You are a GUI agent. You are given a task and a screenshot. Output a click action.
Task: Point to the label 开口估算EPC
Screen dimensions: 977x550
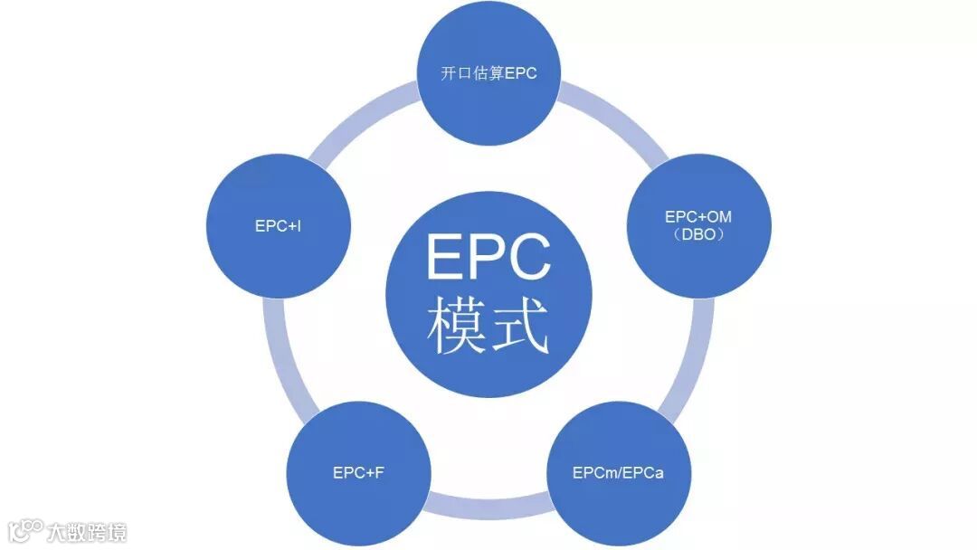(x=488, y=73)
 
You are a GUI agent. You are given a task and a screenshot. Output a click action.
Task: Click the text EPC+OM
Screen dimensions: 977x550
(x=698, y=217)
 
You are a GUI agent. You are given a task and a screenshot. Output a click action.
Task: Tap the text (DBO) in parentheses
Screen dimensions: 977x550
(x=698, y=235)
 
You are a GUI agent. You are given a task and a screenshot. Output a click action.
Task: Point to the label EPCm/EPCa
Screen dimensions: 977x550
(x=619, y=473)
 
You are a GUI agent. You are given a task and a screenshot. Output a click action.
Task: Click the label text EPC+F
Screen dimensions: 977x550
(x=358, y=473)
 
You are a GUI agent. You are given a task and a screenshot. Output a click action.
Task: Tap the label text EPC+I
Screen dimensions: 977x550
(x=279, y=226)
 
